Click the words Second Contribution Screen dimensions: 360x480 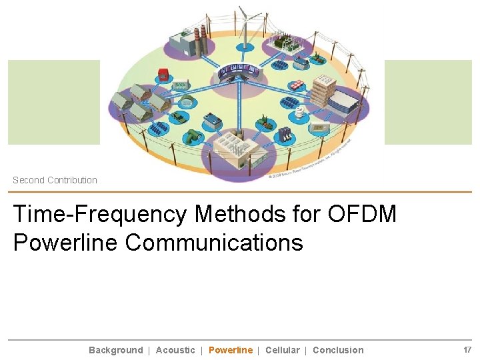[x=55, y=180]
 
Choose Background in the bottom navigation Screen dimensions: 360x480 [x=115, y=350]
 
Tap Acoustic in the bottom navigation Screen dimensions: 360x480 [x=175, y=350]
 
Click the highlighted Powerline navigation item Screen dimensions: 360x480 [x=231, y=350]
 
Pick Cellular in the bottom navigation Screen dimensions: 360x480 [x=282, y=350]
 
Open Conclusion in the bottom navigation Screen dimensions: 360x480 [x=338, y=350]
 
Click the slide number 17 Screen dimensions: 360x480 [x=467, y=350]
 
